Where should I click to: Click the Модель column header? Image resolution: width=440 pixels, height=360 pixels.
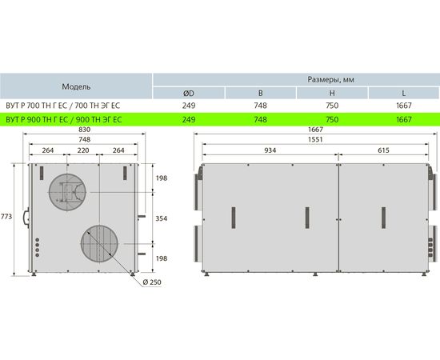click(76, 86)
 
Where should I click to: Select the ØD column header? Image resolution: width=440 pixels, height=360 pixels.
click(189, 93)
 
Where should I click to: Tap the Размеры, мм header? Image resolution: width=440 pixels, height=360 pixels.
click(330, 80)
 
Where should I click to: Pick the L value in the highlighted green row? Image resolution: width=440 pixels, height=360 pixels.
click(404, 119)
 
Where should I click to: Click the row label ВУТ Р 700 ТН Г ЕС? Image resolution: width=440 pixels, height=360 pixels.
click(37, 106)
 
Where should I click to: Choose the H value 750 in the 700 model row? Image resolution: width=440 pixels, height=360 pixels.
click(332, 106)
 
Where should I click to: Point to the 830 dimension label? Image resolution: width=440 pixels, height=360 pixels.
click(85, 130)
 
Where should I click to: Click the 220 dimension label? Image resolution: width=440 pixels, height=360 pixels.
click(83, 150)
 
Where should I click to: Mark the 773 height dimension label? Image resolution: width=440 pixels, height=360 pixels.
click(6, 216)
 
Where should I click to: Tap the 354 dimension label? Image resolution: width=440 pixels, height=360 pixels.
click(162, 218)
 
